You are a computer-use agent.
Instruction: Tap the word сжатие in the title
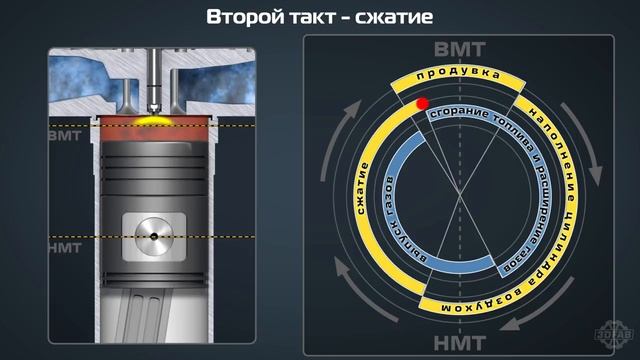(394, 17)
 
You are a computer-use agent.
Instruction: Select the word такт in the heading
(316, 17)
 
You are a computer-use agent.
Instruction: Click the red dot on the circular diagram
(422, 103)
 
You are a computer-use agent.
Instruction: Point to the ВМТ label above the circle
(460, 51)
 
